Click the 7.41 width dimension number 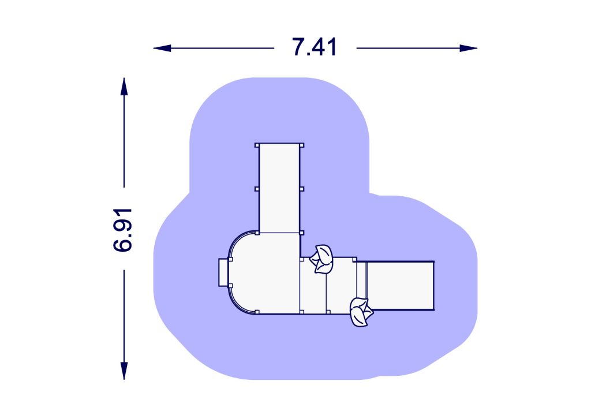(314, 47)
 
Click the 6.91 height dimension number (123, 230)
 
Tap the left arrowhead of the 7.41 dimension (162, 48)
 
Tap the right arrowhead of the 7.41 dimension (469, 48)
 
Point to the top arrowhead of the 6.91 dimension (124, 87)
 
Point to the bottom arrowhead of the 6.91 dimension (124, 371)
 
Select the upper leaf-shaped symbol (321, 259)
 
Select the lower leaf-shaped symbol (361, 312)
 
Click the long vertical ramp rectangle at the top (279, 188)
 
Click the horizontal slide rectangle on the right (400, 286)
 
